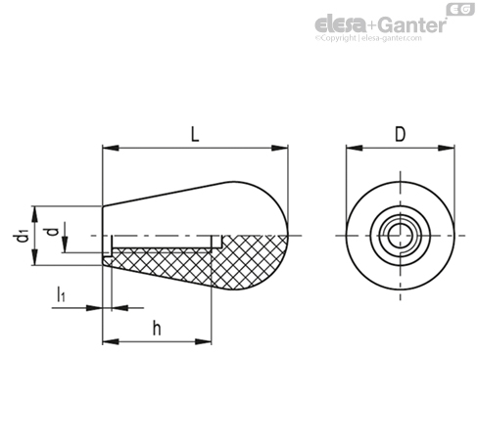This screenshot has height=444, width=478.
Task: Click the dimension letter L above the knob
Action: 195,134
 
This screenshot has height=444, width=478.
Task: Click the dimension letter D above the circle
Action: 400,134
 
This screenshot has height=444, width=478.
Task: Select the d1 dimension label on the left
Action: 23,236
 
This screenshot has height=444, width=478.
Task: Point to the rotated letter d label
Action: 52,232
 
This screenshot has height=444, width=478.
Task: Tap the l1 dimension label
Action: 61,293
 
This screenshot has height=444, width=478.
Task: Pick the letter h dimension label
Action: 157,328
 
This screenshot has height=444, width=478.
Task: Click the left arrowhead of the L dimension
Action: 111,148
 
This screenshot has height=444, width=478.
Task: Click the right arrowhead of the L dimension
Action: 280,148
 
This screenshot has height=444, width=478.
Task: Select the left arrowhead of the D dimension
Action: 355,148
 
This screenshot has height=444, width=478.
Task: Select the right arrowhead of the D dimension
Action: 446,148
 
